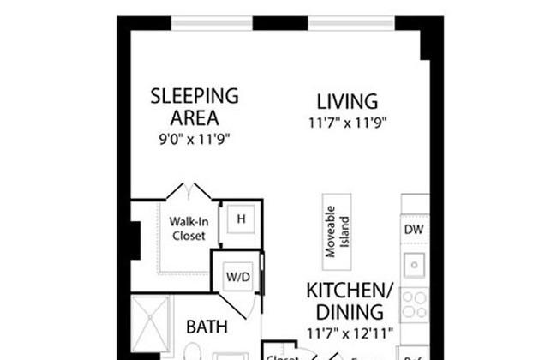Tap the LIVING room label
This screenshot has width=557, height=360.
[346, 101]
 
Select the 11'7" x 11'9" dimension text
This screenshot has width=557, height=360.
[349, 122]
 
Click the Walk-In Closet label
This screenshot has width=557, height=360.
[187, 228]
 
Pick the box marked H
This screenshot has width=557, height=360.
[241, 219]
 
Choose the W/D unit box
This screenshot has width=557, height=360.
[237, 277]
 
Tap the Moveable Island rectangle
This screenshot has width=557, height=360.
[336, 231]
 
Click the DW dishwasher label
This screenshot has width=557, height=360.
[415, 230]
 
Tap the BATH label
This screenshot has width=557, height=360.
[206, 327]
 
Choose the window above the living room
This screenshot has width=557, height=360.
[351, 21]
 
